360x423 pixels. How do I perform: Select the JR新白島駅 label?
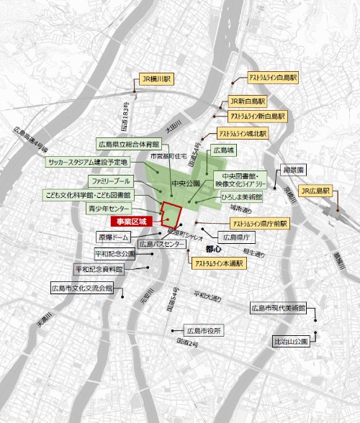247,102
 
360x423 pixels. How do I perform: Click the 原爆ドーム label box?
112,237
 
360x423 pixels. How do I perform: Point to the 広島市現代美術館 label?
277,309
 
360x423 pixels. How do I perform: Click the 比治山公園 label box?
291,341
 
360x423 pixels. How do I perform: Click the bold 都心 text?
214,247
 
